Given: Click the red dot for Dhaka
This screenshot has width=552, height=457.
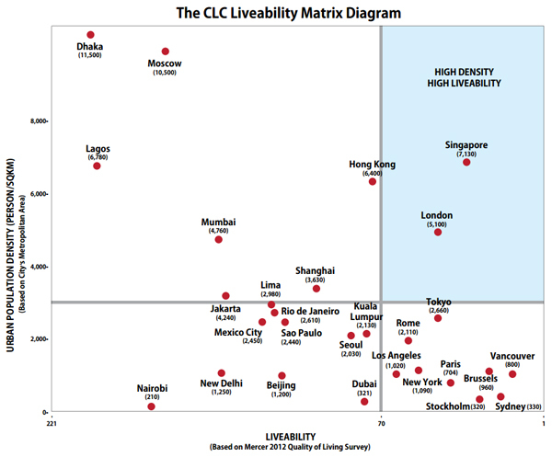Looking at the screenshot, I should tap(90, 35).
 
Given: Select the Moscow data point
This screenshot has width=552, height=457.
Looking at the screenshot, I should tap(166, 51).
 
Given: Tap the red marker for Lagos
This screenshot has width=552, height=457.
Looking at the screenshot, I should tap(97, 166).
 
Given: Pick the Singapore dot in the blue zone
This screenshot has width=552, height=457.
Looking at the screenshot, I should tap(466, 162).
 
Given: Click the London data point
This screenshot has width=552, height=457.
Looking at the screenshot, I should tap(438, 232).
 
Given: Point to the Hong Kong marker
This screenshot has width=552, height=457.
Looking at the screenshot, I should tap(373, 181).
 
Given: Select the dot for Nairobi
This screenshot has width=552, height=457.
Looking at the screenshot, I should tap(151, 406).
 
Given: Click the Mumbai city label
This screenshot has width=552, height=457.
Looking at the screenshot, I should tap(219, 222).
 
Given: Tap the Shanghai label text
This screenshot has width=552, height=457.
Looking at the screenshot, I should tap(315, 270).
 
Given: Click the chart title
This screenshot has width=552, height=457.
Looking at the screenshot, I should tap(275, 13).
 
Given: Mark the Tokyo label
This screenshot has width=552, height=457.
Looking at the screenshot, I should tap(439, 303).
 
